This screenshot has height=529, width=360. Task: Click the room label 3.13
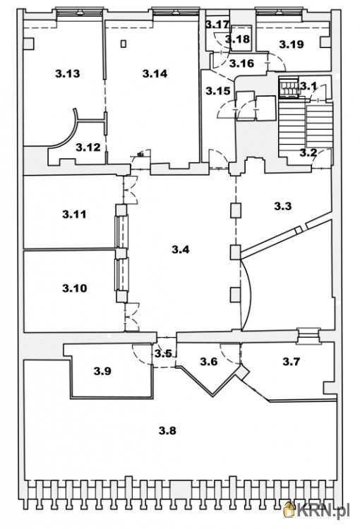(68, 73)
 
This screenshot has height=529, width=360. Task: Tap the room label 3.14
(155, 73)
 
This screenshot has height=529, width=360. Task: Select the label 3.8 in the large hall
(167, 430)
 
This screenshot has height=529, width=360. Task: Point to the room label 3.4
(180, 250)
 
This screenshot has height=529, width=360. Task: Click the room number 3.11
(74, 214)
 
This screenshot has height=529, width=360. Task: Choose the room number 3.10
(75, 288)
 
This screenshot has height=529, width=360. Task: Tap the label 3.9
(102, 371)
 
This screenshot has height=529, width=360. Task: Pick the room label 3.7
(291, 362)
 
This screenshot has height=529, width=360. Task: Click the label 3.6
(209, 361)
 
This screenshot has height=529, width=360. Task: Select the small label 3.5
(164, 353)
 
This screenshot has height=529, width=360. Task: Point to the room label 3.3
(282, 206)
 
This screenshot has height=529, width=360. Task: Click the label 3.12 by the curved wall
(88, 147)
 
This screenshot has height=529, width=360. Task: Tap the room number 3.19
(292, 44)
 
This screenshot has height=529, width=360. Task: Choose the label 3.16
(241, 63)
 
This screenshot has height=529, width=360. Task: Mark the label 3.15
(218, 90)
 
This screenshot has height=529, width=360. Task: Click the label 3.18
(238, 39)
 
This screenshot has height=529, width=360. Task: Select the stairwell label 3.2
(308, 153)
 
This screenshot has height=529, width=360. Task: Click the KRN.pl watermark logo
(317, 509)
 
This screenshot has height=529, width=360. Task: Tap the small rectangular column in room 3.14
(124, 44)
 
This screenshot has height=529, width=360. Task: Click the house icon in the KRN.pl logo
(289, 509)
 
